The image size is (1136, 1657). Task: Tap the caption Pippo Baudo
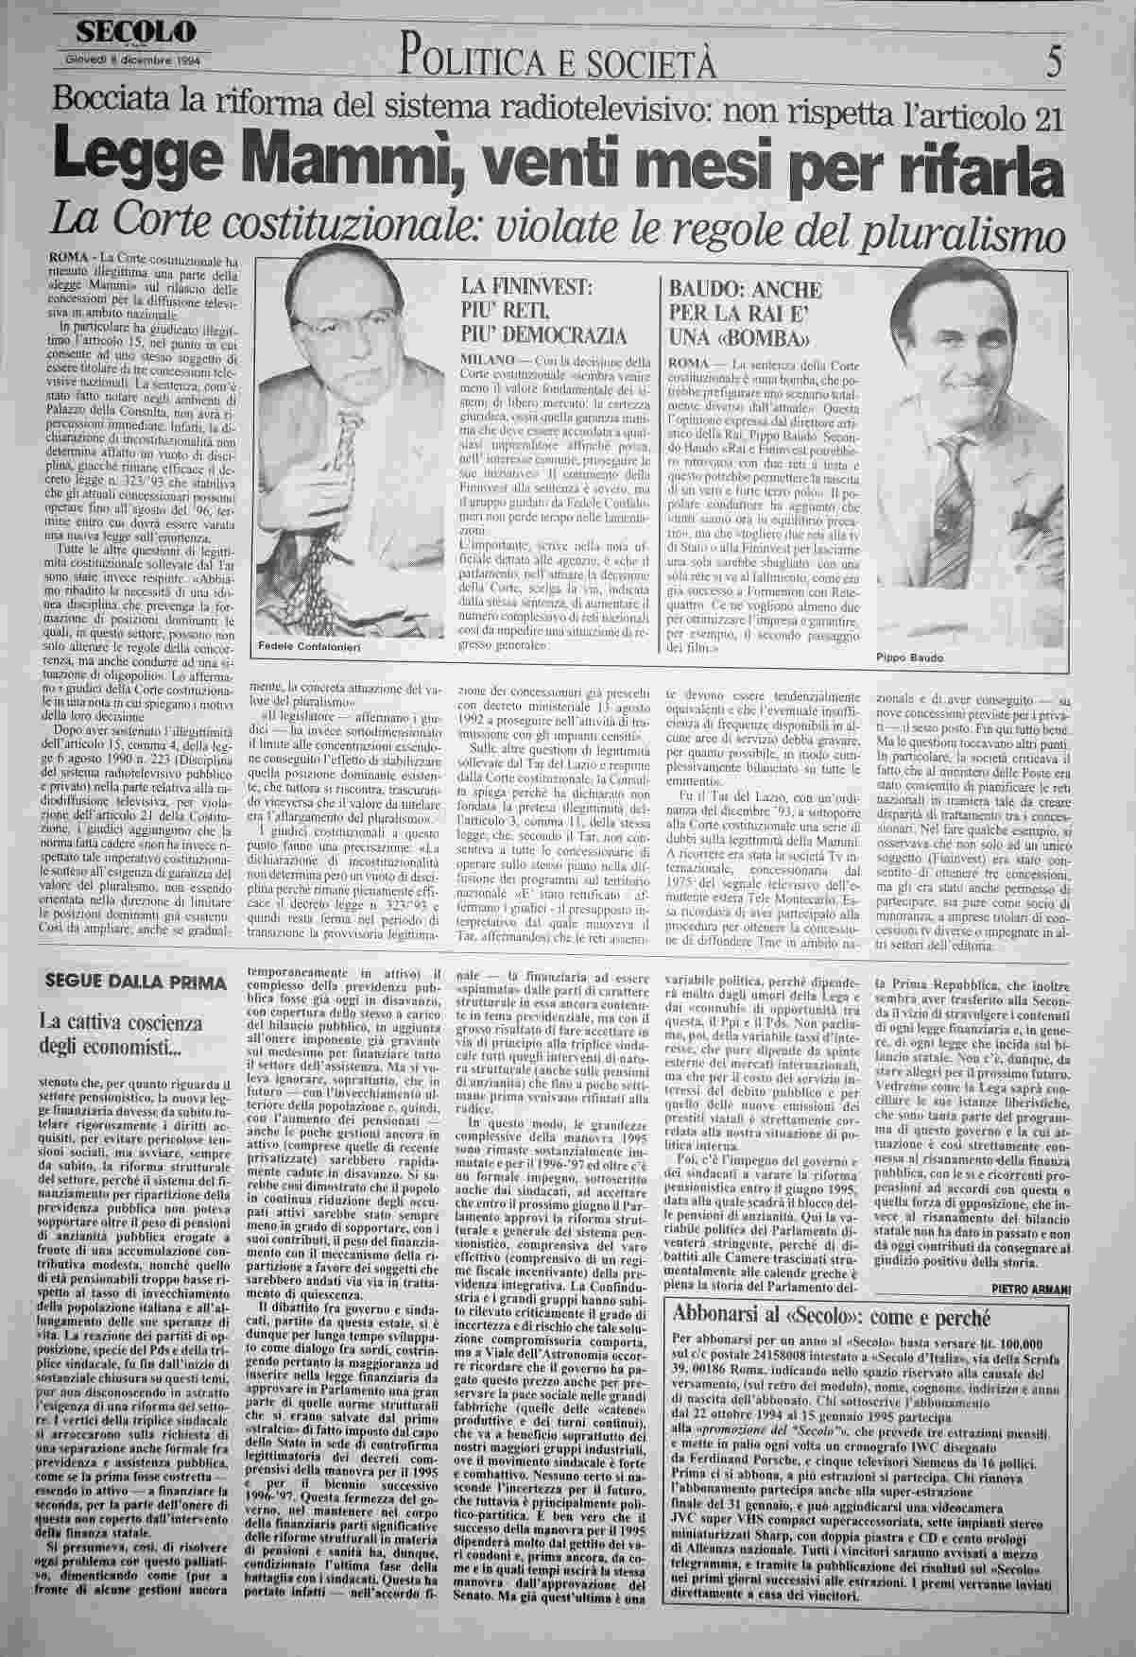(x=904, y=658)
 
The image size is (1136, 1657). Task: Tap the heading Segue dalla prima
(x=125, y=979)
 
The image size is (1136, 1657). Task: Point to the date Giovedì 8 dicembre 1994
(x=137, y=56)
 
